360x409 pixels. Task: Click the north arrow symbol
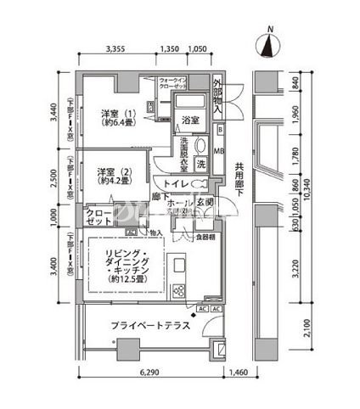pos(271,43)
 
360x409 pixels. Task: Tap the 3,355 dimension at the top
pos(118,49)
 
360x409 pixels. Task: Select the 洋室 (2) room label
pos(111,174)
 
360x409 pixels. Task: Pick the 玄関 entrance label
pos(205,204)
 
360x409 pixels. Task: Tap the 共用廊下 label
pos(240,180)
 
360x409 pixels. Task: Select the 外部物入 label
pos(218,97)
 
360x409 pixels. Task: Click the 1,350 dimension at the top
pos(169,49)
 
